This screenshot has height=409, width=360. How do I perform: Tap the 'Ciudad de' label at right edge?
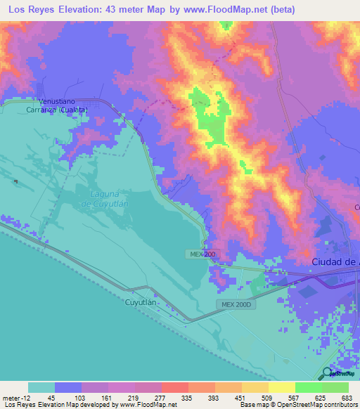click(335, 262)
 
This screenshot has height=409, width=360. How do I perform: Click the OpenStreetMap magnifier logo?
click(327, 374)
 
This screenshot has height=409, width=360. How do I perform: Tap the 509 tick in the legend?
click(267, 397)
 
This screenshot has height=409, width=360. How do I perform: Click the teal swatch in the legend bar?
click(41, 387)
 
